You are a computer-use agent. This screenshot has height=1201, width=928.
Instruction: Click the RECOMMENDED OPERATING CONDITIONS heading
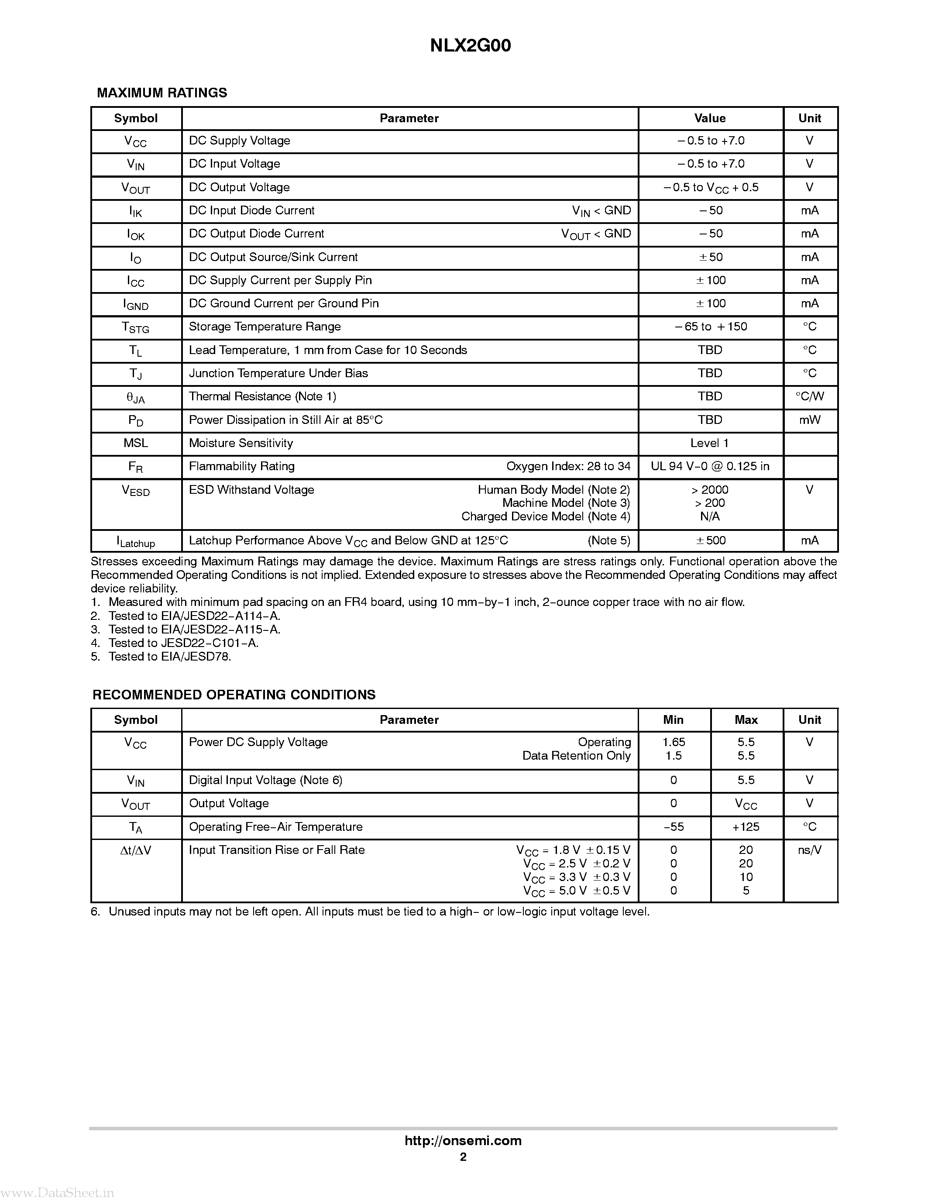[x=234, y=695]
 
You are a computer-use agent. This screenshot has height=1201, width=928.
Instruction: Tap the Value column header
[x=710, y=118]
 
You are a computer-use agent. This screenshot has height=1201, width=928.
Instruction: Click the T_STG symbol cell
[x=135, y=328]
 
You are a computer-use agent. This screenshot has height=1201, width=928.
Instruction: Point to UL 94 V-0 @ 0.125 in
[x=710, y=466]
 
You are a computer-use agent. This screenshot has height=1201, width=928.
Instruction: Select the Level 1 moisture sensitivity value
[x=709, y=443]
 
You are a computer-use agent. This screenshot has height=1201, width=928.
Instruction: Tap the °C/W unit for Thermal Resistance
[x=809, y=396]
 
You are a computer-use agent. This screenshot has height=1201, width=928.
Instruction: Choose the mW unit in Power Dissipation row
[x=809, y=420]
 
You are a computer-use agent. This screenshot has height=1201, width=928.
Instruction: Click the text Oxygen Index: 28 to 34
[x=568, y=466]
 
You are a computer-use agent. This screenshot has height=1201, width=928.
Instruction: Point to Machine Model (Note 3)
[x=566, y=502]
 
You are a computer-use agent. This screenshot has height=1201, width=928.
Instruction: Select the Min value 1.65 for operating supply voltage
[x=674, y=742]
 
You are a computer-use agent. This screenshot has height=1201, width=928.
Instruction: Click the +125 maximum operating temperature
[x=746, y=827]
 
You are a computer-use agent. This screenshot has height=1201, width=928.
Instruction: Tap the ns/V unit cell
[x=809, y=850]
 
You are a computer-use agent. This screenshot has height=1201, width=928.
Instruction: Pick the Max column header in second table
[x=746, y=720]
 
